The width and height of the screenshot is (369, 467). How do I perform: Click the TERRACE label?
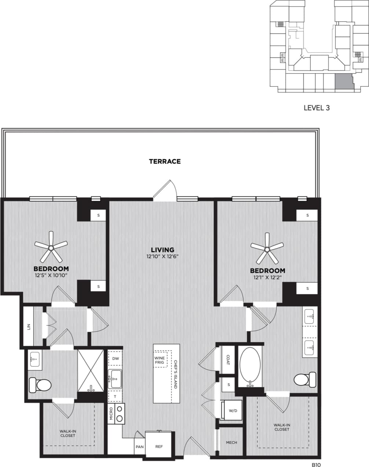coord(165,161)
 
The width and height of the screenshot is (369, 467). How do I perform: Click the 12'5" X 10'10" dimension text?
coord(51,275)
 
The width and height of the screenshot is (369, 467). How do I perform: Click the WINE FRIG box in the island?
coord(159,360)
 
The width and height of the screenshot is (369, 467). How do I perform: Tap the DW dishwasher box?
coord(116,359)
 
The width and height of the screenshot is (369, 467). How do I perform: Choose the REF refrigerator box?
coord(158,446)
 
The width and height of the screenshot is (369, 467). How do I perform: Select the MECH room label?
coord(231,443)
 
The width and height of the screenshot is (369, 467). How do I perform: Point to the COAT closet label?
coord(228,360)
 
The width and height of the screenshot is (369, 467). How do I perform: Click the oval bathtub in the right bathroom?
coord(251,366)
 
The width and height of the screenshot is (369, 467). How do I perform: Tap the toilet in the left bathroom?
coord(40,385)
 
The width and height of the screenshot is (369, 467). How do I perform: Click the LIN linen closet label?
coord(29,326)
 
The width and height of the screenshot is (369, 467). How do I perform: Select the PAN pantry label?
coord(139,447)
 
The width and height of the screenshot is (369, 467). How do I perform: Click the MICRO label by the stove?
coord(111,413)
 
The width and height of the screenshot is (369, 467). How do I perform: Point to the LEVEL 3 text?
coord(317,108)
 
